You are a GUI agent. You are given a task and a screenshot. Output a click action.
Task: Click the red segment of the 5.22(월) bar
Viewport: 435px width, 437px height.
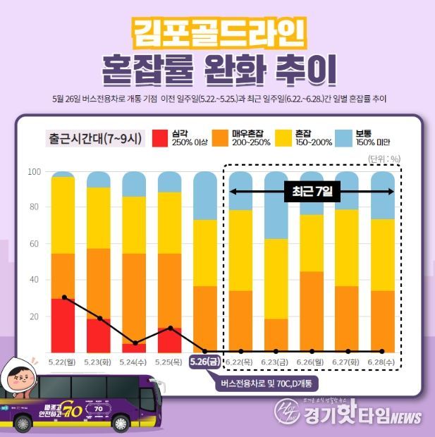[x=63, y=325]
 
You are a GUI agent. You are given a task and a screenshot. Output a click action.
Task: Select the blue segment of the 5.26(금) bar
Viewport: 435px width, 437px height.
[x=205, y=196]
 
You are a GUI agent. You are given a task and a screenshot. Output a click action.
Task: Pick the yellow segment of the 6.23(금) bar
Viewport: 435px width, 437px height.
[x=276, y=278]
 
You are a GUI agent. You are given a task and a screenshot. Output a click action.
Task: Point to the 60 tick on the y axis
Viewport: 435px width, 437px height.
[x=34, y=244]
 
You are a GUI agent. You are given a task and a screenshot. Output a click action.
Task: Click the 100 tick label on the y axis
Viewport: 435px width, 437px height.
[x=33, y=171]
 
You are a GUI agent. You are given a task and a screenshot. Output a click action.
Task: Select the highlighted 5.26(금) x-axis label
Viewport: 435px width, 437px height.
[x=206, y=362]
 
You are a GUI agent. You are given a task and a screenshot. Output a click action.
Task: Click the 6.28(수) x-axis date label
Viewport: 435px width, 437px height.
[x=383, y=362]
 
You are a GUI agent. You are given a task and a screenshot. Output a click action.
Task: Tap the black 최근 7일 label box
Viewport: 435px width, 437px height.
[x=312, y=191]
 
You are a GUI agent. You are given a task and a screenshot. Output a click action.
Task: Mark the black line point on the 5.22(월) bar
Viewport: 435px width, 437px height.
[x=64, y=297]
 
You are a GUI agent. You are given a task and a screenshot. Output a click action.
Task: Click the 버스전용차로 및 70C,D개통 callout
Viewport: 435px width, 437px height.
[x=267, y=383]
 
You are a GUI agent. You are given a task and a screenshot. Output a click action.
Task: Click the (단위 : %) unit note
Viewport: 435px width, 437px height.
[x=384, y=159]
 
